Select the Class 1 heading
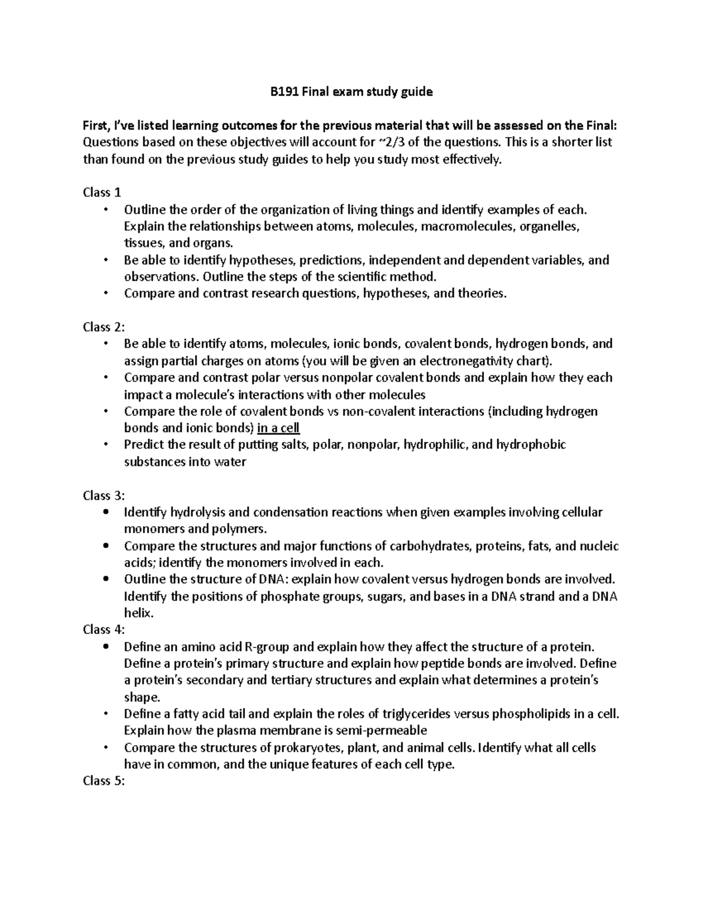point(102,193)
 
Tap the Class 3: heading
point(104,495)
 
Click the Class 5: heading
point(104,780)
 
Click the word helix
point(138,613)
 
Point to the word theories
point(480,293)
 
